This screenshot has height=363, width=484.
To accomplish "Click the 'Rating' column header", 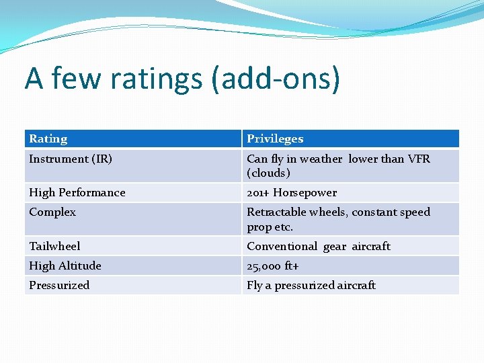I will click(x=48, y=139).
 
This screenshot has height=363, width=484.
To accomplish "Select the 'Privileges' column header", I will click(x=275, y=139).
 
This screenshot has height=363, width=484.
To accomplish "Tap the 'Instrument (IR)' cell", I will click(x=71, y=159).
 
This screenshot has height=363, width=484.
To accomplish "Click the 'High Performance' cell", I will click(x=77, y=193).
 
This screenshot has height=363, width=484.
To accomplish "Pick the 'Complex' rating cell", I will click(x=52, y=212).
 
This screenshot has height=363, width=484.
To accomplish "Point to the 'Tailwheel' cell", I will click(x=54, y=246).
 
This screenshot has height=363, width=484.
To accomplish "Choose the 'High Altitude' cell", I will click(x=65, y=266).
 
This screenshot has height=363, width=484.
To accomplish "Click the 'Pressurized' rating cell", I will click(x=59, y=285).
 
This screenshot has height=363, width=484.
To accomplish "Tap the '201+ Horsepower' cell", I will click(x=292, y=193).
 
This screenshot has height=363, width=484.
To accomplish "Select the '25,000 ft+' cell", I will click(x=274, y=266).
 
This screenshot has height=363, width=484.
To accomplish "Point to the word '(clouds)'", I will click(x=269, y=173).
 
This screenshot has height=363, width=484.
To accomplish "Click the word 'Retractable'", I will click(x=277, y=212).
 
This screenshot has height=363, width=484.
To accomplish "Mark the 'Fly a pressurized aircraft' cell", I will click(x=311, y=285).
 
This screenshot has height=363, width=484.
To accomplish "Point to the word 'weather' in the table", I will click(x=321, y=159).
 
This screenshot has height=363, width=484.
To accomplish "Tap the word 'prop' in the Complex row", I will click(x=259, y=227).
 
